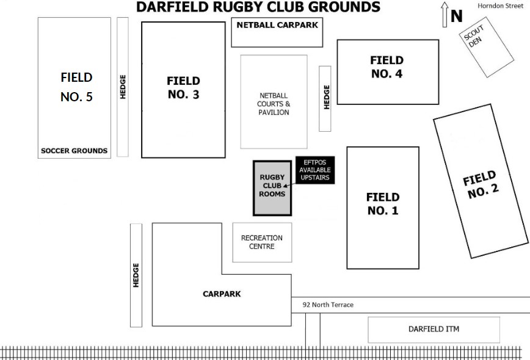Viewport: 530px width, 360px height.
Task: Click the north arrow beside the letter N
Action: point(445,15)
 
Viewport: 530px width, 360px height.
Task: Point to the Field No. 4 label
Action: point(387,67)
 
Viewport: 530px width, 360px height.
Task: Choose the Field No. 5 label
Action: point(76,87)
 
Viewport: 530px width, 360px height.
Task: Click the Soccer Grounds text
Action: point(74,151)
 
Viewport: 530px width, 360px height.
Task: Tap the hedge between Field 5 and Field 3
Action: point(123,87)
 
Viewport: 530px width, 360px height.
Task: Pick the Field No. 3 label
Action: point(183,87)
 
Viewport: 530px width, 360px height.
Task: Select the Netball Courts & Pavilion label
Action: point(273,104)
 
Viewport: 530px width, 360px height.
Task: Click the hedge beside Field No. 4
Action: point(325,98)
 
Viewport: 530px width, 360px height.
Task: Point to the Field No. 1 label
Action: point(382,204)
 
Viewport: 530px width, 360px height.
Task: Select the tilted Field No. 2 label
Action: point(482,185)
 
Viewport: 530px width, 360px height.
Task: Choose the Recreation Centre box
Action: point(262,242)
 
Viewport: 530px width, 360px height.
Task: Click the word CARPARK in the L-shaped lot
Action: point(222,293)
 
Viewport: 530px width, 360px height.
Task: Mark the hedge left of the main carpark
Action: point(136,275)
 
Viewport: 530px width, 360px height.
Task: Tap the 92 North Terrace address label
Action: point(328,304)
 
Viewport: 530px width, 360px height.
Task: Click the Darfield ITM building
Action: point(434,329)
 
